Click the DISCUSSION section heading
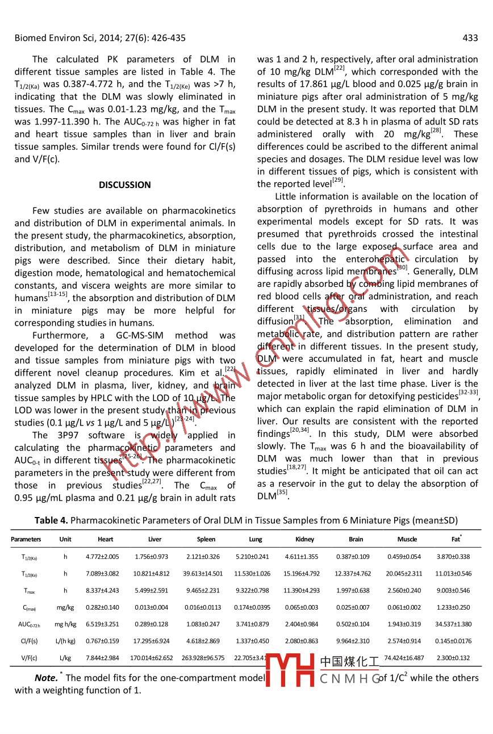pos(125,185)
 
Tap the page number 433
pos(470,38)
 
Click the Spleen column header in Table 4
pos(206,539)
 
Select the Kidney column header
pos(305,539)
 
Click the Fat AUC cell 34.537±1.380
pos(456,624)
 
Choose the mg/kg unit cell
pos(65,607)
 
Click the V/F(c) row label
pos(28,658)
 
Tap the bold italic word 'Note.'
pos(46,678)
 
